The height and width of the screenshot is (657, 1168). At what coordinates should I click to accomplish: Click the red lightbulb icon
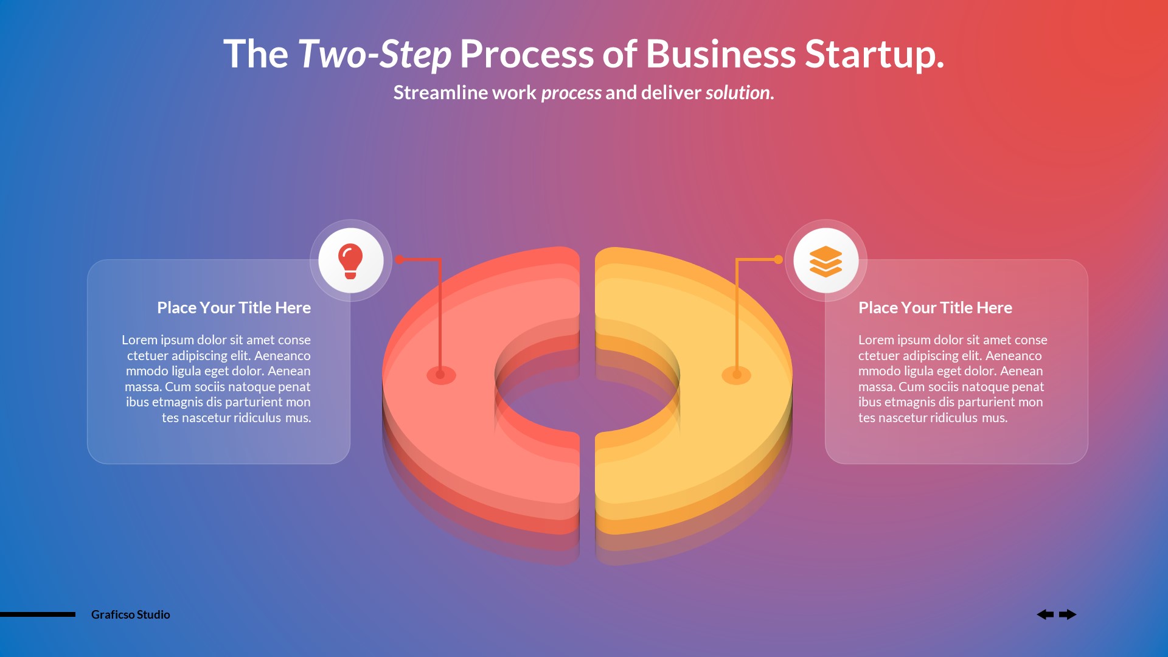pyautogui.click(x=350, y=261)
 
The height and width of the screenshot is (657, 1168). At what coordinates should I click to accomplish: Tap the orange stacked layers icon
pyautogui.click(x=826, y=261)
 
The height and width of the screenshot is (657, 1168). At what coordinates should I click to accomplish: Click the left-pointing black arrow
pyautogui.click(x=1045, y=614)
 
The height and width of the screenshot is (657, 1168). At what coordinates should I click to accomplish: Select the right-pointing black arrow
pyautogui.click(x=1068, y=614)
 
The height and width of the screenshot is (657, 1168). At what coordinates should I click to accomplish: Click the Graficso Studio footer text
pyautogui.click(x=130, y=614)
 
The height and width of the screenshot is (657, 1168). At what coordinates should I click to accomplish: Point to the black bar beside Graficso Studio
pyautogui.click(x=38, y=614)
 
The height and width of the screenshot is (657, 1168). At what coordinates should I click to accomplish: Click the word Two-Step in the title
pyautogui.click(x=374, y=55)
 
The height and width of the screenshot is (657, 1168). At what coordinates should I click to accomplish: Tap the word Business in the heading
pyautogui.click(x=720, y=55)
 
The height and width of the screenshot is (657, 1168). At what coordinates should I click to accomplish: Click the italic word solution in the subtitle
pyautogui.click(x=738, y=92)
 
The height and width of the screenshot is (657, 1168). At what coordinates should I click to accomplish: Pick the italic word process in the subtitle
pyautogui.click(x=571, y=92)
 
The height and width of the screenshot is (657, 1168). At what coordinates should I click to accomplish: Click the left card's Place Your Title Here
pyautogui.click(x=234, y=308)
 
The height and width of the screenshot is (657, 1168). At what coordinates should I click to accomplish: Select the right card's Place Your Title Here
pyautogui.click(x=935, y=308)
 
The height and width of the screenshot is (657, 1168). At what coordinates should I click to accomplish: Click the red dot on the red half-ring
pyautogui.click(x=440, y=375)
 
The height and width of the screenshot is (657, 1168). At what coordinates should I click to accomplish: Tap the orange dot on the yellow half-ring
pyautogui.click(x=736, y=375)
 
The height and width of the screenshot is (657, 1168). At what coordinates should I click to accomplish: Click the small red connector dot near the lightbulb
pyautogui.click(x=400, y=260)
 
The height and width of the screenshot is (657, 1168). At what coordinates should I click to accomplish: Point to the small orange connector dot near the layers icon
pyautogui.click(x=778, y=260)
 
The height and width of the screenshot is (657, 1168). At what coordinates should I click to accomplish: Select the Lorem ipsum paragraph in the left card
pyautogui.click(x=218, y=378)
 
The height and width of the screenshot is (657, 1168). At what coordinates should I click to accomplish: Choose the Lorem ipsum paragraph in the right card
pyautogui.click(x=952, y=378)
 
